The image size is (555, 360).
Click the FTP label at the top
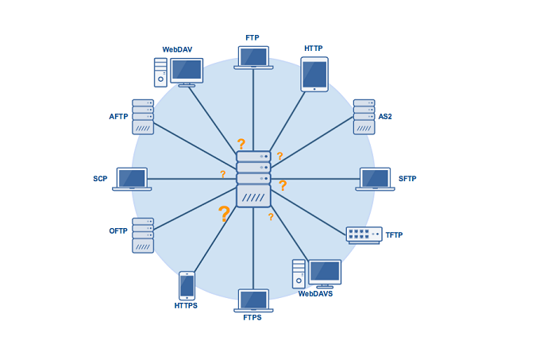[x=252, y=37]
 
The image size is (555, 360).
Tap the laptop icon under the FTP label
[x=253, y=58]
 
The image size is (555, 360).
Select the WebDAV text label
[x=177, y=49]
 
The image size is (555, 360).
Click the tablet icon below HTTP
[x=314, y=74]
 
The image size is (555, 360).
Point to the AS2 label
[x=385, y=117]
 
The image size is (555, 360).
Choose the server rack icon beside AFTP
[x=143, y=117]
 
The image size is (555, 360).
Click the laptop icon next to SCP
[x=132, y=179]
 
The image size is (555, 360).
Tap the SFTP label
[x=407, y=179]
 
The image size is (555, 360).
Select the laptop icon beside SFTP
[x=375, y=179]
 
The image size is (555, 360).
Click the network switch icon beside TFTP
[x=364, y=235]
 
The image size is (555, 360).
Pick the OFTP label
[x=118, y=231]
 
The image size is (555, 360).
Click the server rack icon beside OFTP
[x=143, y=235]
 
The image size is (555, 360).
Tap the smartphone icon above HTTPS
[x=187, y=285]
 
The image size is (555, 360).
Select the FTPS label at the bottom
[x=252, y=318]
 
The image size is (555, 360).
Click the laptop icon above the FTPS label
[x=253, y=300]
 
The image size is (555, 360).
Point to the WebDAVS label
[x=315, y=294]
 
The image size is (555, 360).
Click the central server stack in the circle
[x=253, y=180]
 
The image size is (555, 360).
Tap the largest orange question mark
[x=224, y=214]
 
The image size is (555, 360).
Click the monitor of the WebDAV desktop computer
[x=187, y=71]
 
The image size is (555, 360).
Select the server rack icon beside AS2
[x=364, y=117]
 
